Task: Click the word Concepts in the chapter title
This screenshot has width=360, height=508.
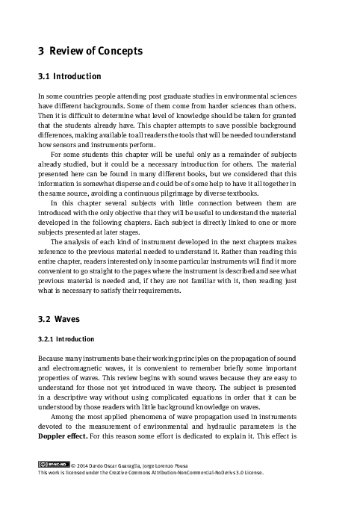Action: coord(113,52)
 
